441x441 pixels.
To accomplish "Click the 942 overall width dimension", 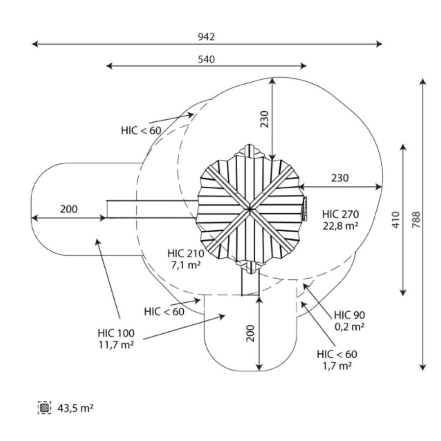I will (x=206, y=37).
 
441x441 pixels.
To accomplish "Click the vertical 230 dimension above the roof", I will (x=264, y=119).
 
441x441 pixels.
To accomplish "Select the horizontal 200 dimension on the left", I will (x=69, y=209).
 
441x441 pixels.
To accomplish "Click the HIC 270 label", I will (x=341, y=214).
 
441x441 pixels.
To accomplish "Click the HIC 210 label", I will (x=184, y=253).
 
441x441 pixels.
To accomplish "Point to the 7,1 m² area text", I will (x=184, y=265).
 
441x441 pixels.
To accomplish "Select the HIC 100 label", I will (x=116, y=333).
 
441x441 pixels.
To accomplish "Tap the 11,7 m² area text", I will (x=116, y=344).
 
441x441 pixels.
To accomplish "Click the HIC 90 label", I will (x=349, y=315).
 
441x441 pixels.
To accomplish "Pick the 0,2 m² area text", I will (x=349, y=326).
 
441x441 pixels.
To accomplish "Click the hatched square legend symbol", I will (x=45, y=407).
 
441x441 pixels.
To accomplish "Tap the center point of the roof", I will (x=249, y=209).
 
